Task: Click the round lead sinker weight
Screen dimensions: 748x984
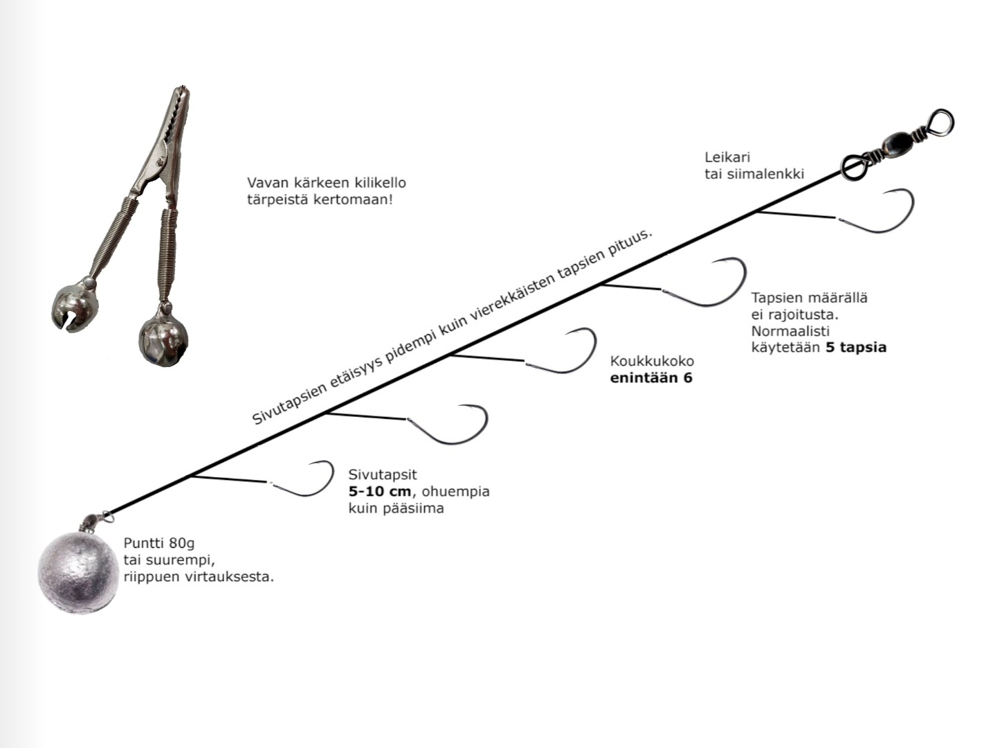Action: [78, 572]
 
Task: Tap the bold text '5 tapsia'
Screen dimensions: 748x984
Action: [856, 347]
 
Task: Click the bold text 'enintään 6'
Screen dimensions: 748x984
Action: [650, 377]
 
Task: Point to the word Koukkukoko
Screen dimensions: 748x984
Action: [652, 361]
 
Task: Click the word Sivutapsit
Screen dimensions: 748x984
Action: [383, 474]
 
